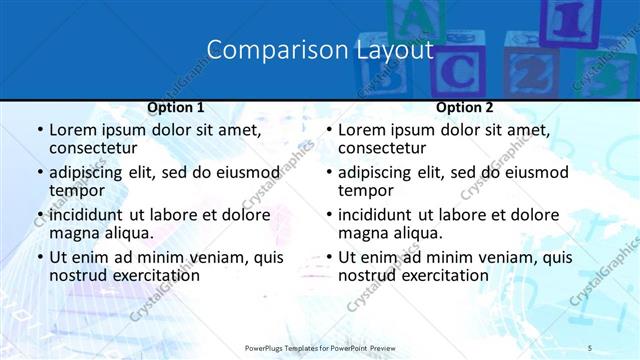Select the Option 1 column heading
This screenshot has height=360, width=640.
pyautogui.click(x=176, y=107)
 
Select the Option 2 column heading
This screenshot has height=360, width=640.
pyautogui.click(x=465, y=107)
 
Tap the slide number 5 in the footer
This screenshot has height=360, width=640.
pyautogui.click(x=590, y=347)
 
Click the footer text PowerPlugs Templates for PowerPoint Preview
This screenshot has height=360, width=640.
pyautogui.click(x=320, y=347)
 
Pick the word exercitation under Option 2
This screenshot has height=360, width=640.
pyautogui.click(x=440, y=275)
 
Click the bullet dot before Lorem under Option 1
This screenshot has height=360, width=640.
pyautogui.click(x=40, y=130)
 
